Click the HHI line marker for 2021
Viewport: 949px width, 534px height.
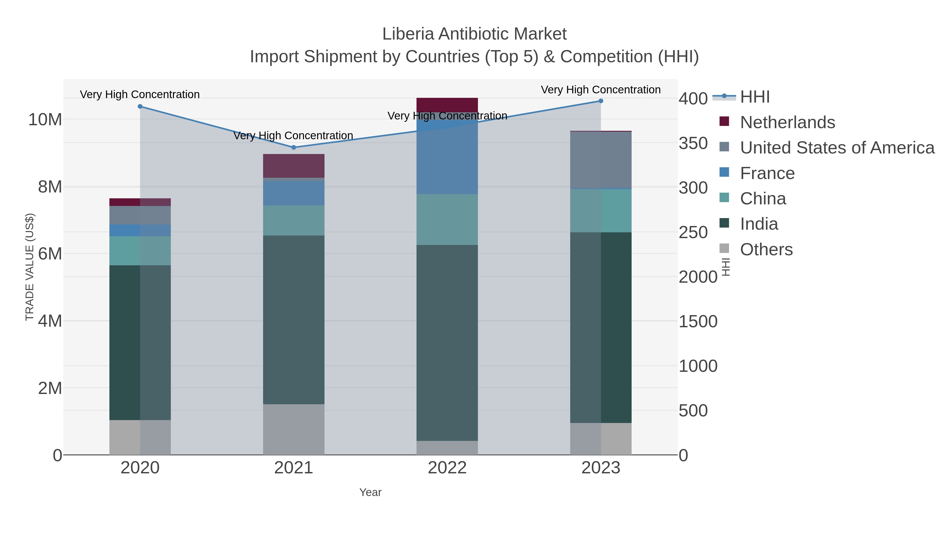(x=294, y=147)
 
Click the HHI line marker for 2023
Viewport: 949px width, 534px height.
(x=601, y=101)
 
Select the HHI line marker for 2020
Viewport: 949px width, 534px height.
(x=140, y=107)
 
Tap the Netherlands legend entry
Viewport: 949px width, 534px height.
(x=787, y=122)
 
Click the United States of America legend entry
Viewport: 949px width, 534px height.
(x=837, y=148)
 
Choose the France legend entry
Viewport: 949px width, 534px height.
(x=767, y=173)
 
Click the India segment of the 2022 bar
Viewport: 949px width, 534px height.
(x=447, y=343)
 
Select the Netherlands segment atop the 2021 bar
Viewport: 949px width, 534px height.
(x=294, y=166)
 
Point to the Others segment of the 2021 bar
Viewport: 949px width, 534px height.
(x=294, y=429)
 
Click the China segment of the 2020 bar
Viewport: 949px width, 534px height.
(x=140, y=251)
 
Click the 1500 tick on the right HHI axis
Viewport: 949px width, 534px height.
(x=698, y=321)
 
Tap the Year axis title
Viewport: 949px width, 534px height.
(x=370, y=492)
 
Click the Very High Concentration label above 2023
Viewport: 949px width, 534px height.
(x=601, y=90)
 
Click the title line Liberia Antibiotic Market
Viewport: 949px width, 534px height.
(x=474, y=34)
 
